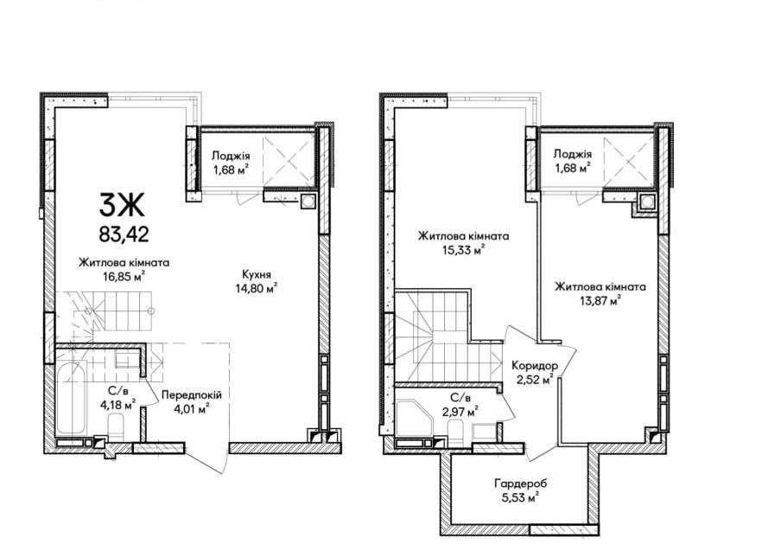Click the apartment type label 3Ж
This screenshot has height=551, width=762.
point(122,205)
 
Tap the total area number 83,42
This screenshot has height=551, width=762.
point(124,234)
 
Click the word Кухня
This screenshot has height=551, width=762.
point(257,274)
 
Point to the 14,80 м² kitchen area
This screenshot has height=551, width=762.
point(257,289)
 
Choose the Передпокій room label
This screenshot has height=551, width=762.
point(192,394)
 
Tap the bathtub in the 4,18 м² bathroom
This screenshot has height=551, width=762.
point(71,398)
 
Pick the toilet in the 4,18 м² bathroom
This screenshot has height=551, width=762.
point(117,425)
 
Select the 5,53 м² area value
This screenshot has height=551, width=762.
point(519,498)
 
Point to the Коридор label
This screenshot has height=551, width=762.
point(535,365)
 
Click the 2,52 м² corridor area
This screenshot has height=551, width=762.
point(535,379)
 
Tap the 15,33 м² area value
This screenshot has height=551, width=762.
point(464,250)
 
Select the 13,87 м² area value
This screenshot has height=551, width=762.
point(600,301)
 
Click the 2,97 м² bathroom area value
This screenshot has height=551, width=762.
point(460,411)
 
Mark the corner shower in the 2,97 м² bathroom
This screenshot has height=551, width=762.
point(413,418)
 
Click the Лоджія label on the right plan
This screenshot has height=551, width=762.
point(573,154)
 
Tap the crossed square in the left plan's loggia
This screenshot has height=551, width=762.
point(289,161)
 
